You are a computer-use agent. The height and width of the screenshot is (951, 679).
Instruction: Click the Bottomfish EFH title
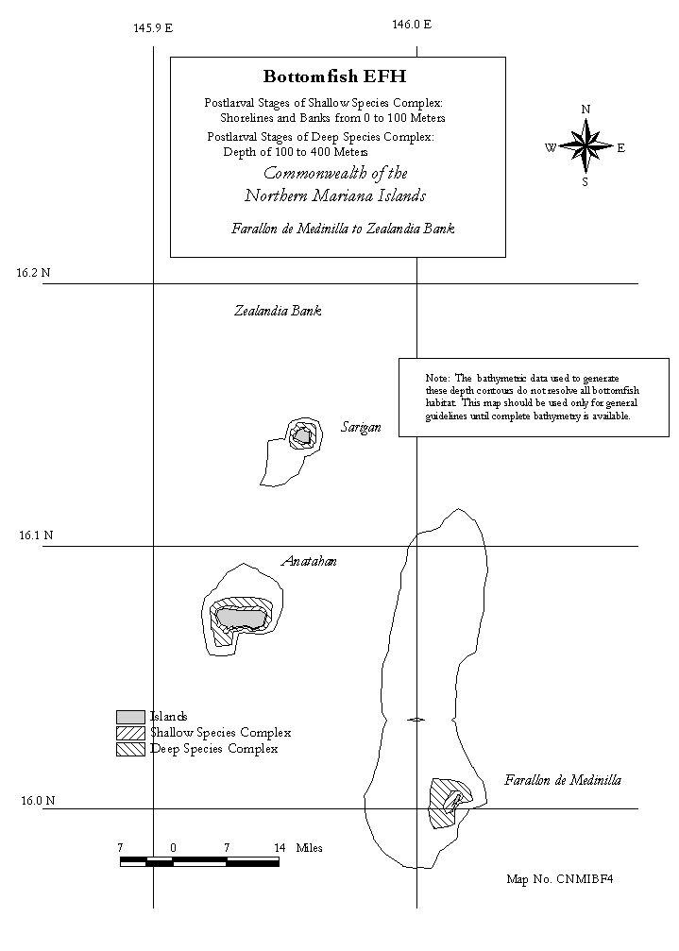[334, 76]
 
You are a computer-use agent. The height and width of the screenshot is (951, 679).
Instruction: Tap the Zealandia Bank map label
[278, 311]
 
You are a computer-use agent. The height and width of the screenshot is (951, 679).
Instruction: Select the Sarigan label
[361, 428]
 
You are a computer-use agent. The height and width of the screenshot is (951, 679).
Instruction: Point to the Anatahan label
[309, 562]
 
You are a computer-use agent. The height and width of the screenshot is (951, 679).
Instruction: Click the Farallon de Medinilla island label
[563, 780]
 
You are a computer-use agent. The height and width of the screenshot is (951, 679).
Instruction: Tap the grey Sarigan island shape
[302, 435]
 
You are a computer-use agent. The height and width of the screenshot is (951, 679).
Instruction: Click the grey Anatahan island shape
[241, 618]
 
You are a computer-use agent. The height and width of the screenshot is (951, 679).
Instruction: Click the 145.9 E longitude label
[153, 28]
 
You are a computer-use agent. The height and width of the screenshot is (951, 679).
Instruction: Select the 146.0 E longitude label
[412, 25]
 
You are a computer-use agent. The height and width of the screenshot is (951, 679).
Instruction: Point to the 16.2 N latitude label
[33, 273]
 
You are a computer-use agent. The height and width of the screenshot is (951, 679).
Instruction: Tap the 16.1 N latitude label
[37, 535]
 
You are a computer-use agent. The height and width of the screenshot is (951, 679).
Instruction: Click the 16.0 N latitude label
[38, 801]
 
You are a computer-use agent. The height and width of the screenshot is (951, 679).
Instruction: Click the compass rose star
[586, 145]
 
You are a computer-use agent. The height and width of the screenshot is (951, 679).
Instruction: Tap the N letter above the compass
[586, 110]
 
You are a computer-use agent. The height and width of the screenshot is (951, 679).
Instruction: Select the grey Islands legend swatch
[130, 717]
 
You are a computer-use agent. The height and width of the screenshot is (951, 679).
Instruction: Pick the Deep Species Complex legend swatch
[130, 749]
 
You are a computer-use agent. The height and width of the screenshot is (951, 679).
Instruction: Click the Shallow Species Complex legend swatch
[130, 733]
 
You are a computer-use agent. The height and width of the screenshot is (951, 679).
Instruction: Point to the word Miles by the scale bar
[309, 848]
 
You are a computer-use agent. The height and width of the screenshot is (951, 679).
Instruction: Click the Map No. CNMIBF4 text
[560, 879]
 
